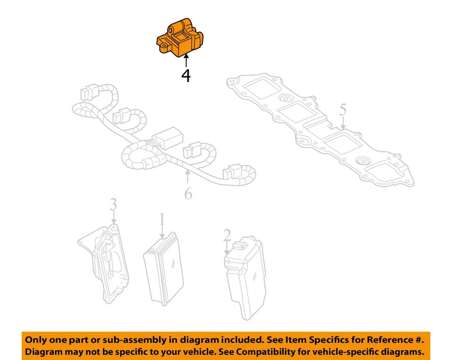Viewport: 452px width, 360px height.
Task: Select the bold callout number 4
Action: click(x=186, y=75)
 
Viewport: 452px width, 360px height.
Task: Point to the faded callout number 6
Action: click(x=188, y=192)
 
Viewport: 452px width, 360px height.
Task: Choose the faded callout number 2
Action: click(x=227, y=234)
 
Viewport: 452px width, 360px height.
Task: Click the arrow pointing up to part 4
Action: click(x=186, y=61)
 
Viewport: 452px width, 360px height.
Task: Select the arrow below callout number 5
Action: click(x=343, y=123)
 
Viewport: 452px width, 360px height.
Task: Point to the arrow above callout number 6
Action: click(x=188, y=178)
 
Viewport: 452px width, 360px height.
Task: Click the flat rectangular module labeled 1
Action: click(x=162, y=268)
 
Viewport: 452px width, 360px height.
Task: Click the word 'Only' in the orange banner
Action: click(x=36, y=340)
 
